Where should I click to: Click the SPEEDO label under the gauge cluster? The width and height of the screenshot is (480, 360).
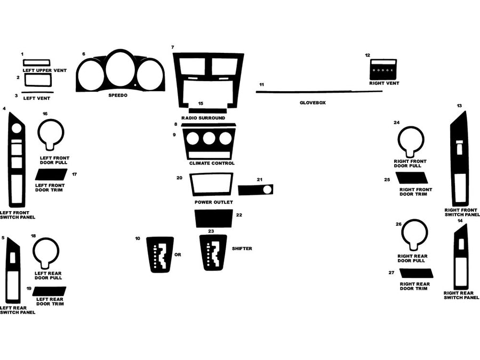tap(118, 95)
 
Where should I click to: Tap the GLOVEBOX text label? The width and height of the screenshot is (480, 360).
tap(313, 102)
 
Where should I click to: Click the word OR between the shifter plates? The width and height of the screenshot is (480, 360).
tap(178, 255)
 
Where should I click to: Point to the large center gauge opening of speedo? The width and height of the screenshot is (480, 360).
tap(121, 69)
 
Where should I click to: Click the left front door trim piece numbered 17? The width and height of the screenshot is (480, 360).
tap(51, 174)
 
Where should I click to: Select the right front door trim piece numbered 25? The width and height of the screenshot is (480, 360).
tap(412, 178)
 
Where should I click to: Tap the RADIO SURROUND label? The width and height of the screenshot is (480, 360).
tap(203, 117)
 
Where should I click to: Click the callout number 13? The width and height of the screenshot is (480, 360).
tap(459, 106)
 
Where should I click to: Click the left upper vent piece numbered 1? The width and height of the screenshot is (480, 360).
tap(37, 62)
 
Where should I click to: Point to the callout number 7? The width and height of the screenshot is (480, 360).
tap(172, 47)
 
